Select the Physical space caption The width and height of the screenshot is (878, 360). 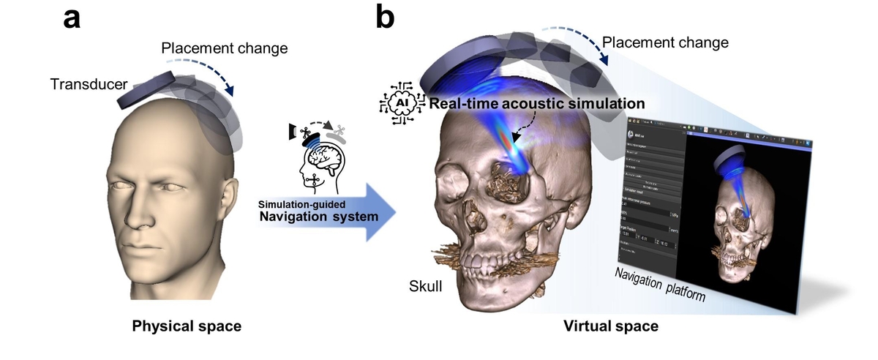click(x=187, y=326)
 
